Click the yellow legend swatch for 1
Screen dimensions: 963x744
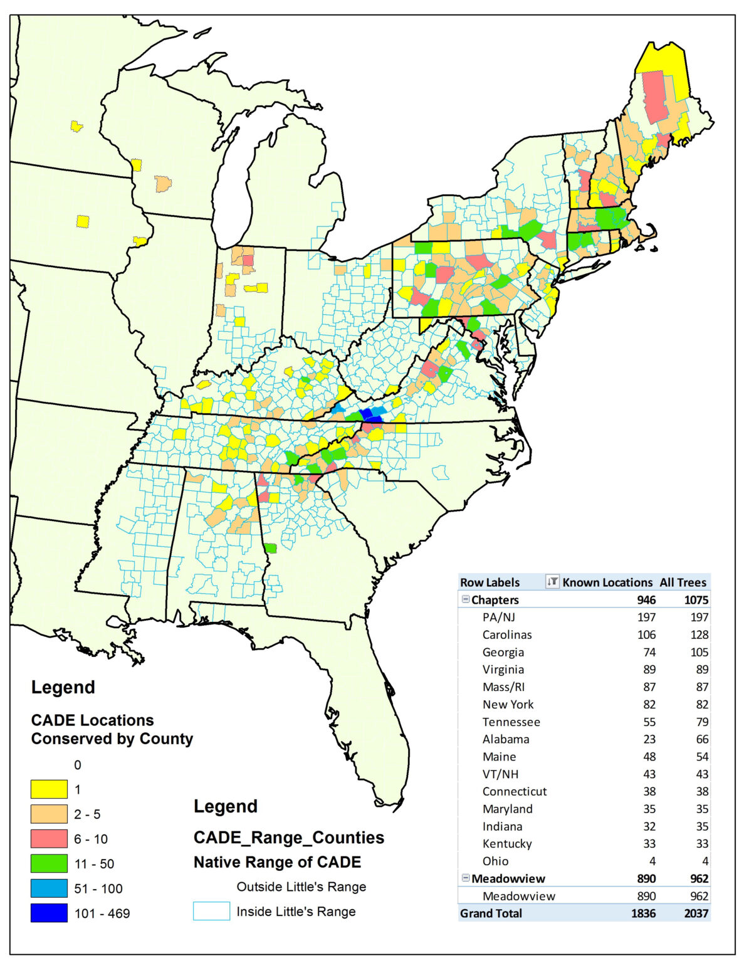(49, 789)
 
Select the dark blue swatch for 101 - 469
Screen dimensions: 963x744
(49, 913)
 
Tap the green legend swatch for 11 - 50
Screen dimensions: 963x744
(49, 863)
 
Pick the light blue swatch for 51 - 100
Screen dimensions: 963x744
(49, 888)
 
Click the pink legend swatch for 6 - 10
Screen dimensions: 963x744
(49, 838)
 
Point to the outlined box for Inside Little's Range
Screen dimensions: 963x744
(211, 911)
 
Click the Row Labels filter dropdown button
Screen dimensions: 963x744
(552, 582)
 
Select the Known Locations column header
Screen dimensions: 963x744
(607, 582)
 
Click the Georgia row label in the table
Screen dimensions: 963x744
(503, 652)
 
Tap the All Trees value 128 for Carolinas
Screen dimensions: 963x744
(698, 634)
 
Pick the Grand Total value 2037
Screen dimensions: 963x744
(696, 913)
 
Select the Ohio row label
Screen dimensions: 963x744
(495, 861)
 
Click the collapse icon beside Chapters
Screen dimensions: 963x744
(465, 599)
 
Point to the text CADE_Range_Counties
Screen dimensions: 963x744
(289, 838)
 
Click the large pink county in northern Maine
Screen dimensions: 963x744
(655, 97)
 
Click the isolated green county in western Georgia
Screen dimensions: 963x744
(270, 548)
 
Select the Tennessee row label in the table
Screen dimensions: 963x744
(511, 722)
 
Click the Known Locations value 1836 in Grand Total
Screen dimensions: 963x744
(643, 913)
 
